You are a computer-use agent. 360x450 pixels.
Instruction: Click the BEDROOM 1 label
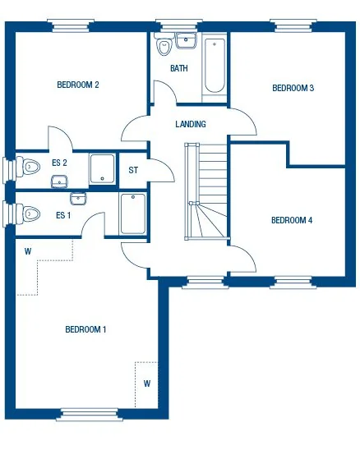tap(85, 329)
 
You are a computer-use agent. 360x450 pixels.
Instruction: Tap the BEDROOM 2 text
tap(78, 85)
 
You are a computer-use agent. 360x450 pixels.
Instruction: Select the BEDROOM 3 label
tap(293, 88)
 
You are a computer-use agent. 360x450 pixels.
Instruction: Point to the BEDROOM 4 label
tap(292, 220)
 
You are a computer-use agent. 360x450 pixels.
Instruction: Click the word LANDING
tap(191, 124)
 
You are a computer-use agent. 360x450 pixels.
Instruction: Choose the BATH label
tap(178, 69)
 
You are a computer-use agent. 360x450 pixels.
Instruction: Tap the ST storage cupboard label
tap(133, 171)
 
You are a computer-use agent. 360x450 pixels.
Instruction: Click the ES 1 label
tap(63, 215)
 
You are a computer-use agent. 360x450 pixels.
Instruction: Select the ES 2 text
tap(59, 163)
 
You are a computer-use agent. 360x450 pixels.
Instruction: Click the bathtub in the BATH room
tap(214, 64)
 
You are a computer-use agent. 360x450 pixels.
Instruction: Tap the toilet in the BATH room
tap(163, 48)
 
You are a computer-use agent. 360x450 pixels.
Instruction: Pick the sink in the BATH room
tap(186, 39)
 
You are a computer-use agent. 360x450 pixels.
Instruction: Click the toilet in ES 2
tap(30, 167)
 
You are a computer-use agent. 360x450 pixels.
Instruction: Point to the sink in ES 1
tap(77, 198)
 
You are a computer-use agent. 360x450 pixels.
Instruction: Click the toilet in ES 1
tap(30, 214)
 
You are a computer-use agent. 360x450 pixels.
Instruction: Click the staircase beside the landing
tap(208, 193)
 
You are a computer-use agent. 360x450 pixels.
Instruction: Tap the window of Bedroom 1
tap(85, 413)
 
